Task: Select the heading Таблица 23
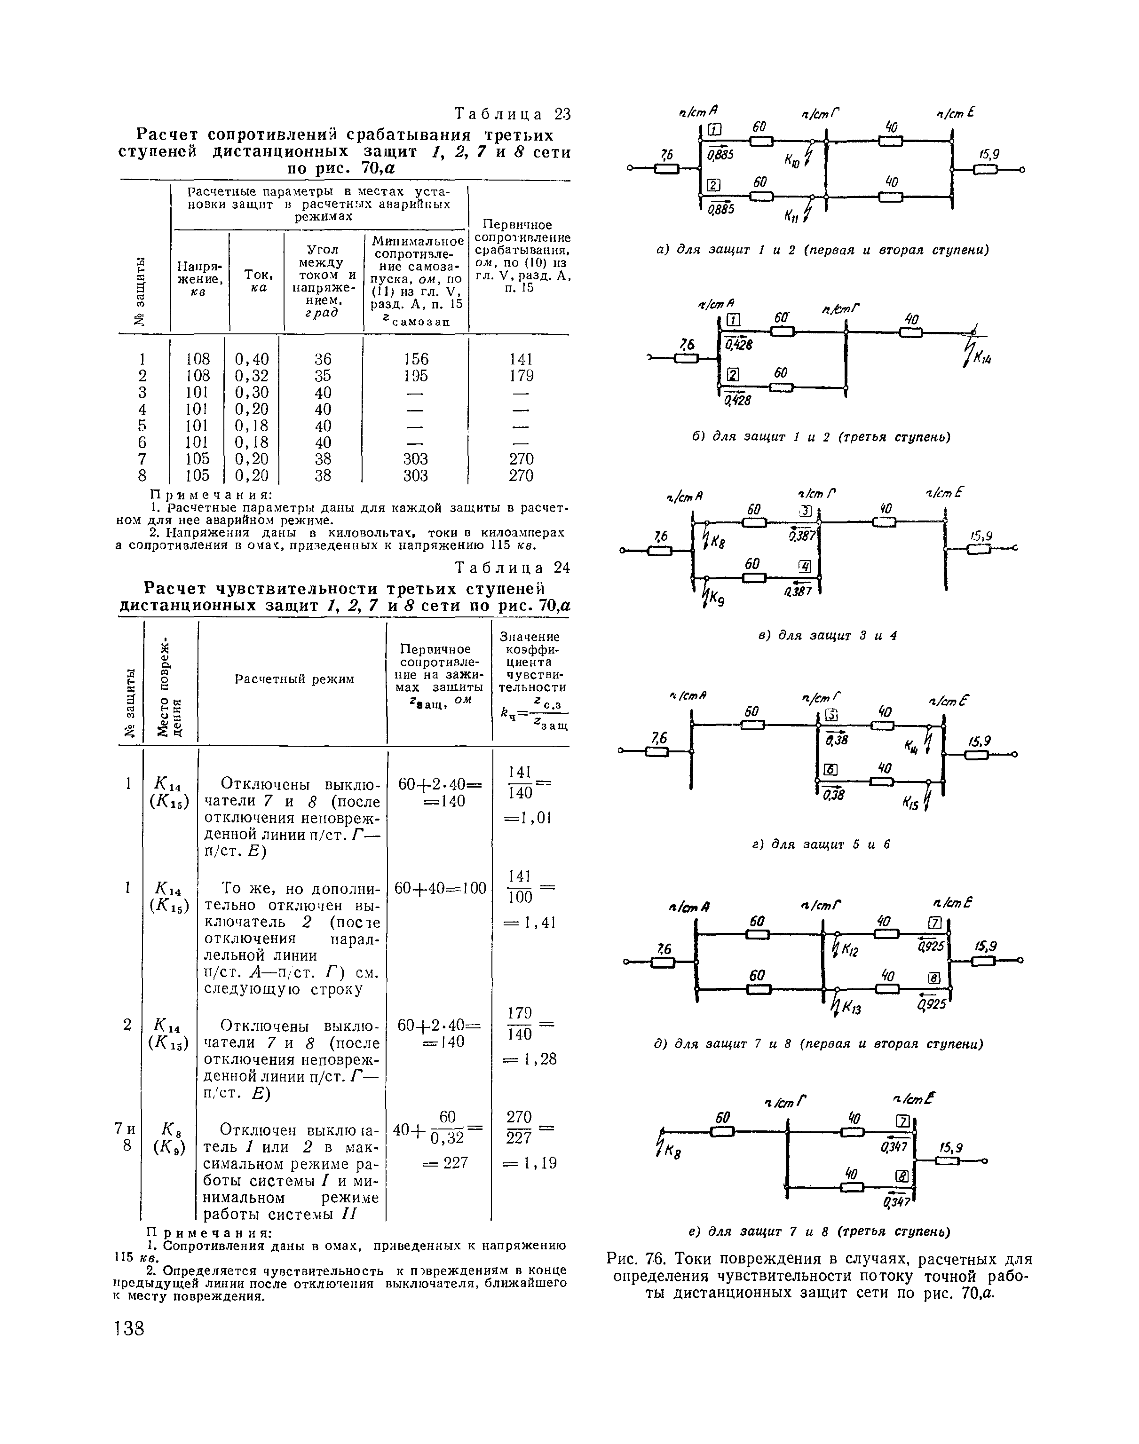[512, 114]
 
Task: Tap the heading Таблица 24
[512, 568]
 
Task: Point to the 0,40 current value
[252, 359]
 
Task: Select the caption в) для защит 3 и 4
[826, 635]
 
